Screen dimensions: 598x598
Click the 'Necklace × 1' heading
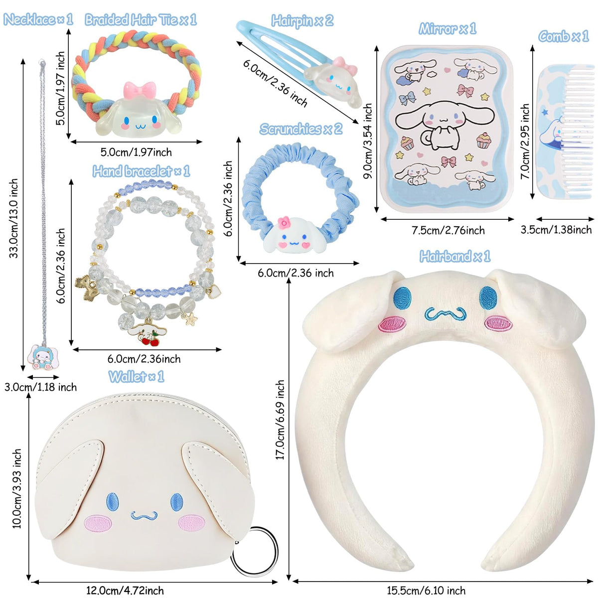tap(38, 19)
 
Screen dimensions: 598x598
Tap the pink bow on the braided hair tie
tap(140, 90)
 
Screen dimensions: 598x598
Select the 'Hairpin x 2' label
tap(302, 21)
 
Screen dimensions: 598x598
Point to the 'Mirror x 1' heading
tap(447, 29)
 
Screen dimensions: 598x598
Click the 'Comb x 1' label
tap(563, 36)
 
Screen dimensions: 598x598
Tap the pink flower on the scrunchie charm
tap(284, 223)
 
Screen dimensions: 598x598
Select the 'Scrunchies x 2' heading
tap(300, 129)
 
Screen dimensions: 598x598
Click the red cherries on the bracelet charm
tap(150, 340)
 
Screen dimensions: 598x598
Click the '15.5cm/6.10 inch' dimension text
tap(426, 590)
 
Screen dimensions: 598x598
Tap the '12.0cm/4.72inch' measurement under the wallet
tap(125, 590)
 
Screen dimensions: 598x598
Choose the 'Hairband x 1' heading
tap(455, 256)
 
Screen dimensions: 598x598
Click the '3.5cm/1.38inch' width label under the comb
tap(556, 230)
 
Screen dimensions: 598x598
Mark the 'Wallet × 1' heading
tap(136, 377)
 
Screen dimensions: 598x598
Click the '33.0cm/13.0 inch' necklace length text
tap(13, 218)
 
